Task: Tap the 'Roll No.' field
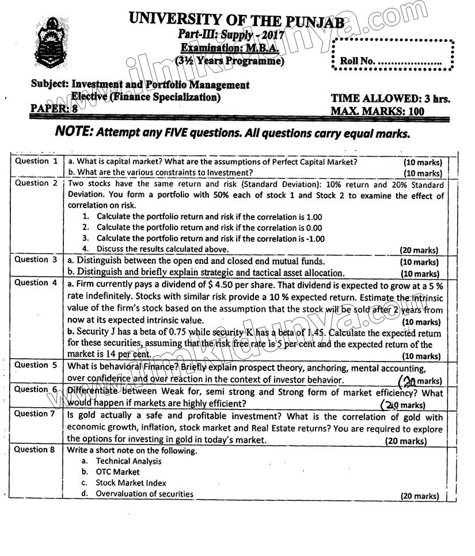(x=391, y=60)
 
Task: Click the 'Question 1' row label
(x=36, y=162)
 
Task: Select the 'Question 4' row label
(x=36, y=283)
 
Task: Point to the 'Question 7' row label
(x=36, y=414)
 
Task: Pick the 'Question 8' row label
(x=36, y=450)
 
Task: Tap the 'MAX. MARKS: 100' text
(x=386, y=111)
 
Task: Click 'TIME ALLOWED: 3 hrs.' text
(x=390, y=99)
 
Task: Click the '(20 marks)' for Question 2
(x=419, y=250)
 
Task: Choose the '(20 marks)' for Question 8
(x=419, y=496)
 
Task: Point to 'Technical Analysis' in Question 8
(x=128, y=461)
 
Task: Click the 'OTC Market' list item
(x=117, y=472)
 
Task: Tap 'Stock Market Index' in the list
(x=131, y=483)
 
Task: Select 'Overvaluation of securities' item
(x=145, y=494)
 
